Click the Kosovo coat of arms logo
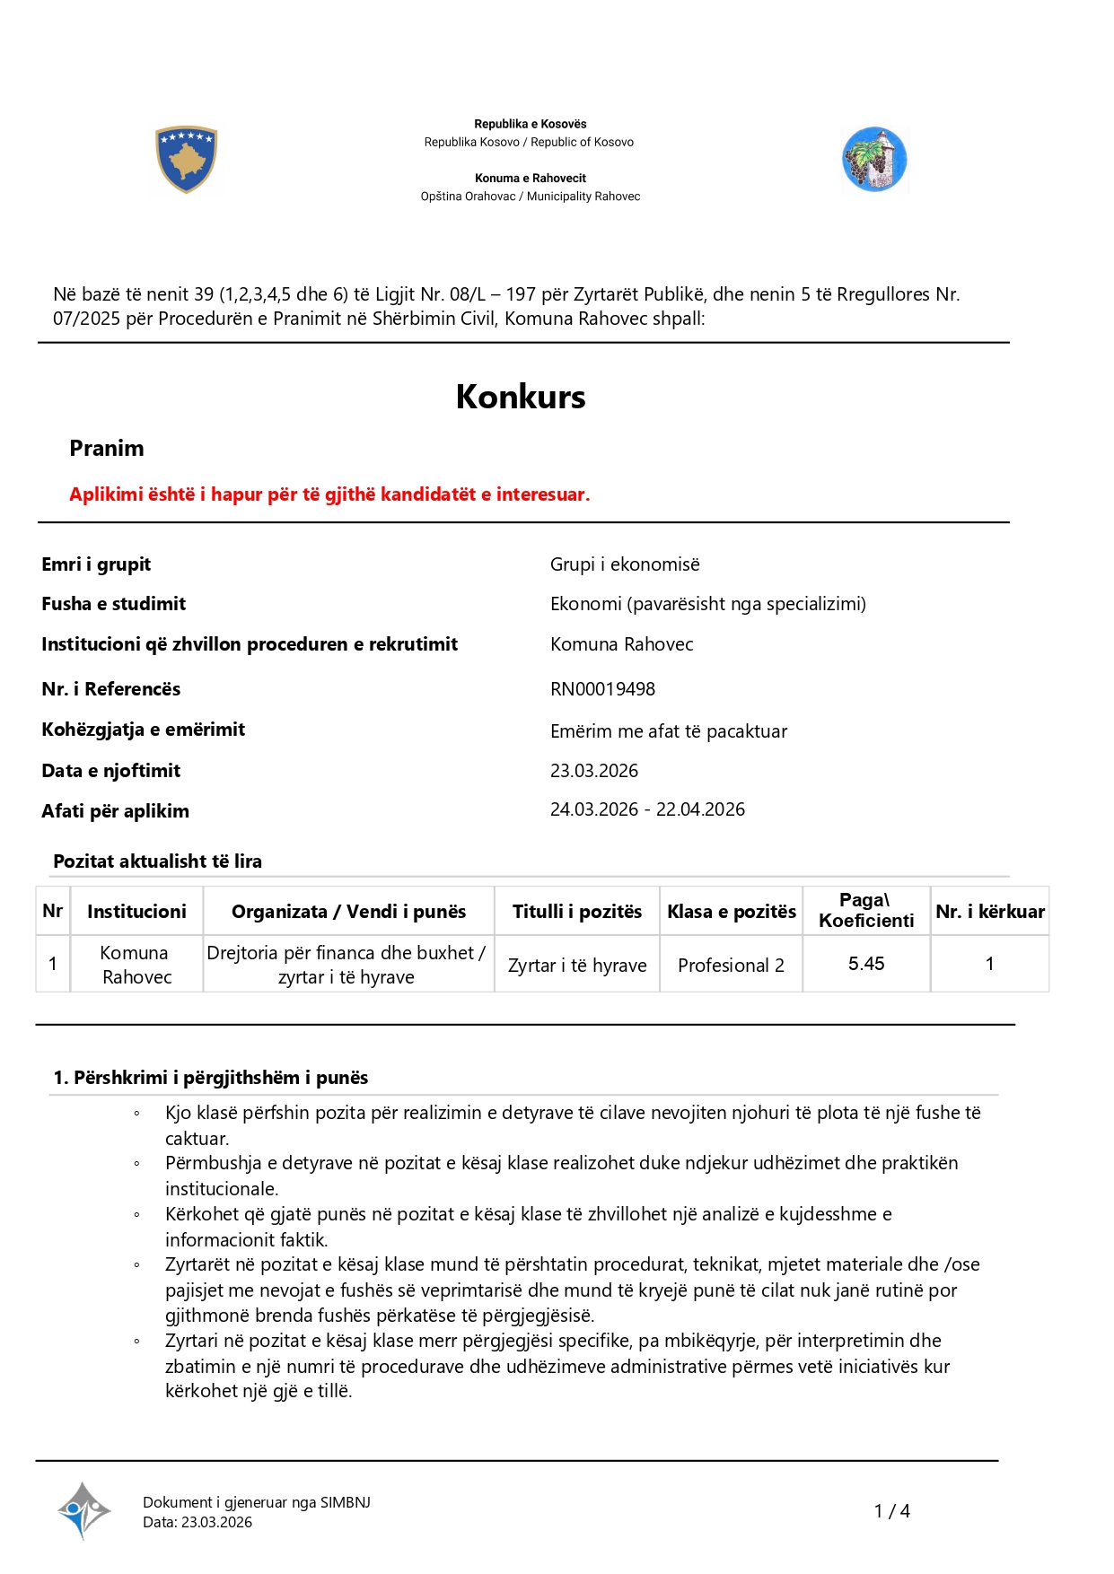(x=186, y=160)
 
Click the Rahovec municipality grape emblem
(x=874, y=160)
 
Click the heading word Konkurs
(x=521, y=397)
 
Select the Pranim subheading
(x=107, y=449)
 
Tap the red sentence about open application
(x=329, y=494)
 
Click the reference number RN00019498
(x=602, y=689)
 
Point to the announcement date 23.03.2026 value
(x=594, y=771)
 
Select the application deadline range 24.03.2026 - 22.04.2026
(x=647, y=809)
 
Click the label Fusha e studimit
(x=114, y=604)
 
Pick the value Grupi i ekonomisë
(x=625, y=564)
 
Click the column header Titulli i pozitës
(x=577, y=912)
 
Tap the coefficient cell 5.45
(x=866, y=964)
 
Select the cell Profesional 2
(x=731, y=966)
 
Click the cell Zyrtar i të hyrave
(x=577, y=966)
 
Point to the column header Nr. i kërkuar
(x=990, y=912)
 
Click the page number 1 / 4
(x=892, y=1511)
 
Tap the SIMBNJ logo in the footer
(x=83, y=1510)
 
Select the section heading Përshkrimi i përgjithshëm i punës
(x=211, y=1078)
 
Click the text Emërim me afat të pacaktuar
(x=669, y=731)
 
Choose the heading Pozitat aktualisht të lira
(x=158, y=861)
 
